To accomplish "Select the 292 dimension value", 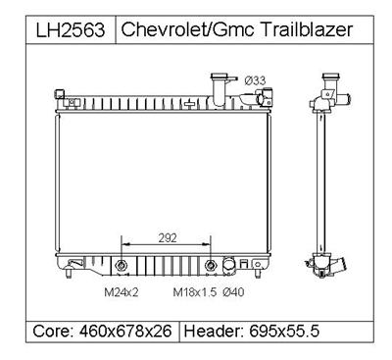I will [167, 236].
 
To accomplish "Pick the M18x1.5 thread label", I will [192, 291].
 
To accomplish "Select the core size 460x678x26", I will [129, 331].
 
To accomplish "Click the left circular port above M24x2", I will [122, 265].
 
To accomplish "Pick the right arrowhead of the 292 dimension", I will [212, 244].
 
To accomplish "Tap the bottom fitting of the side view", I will [323, 265].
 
